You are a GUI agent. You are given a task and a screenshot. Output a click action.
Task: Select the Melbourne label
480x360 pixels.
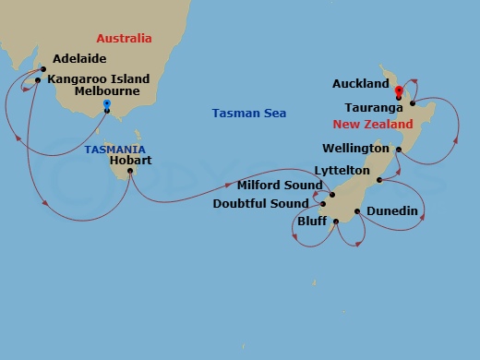[109, 91]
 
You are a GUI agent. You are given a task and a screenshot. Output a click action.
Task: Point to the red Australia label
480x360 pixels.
[125, 38]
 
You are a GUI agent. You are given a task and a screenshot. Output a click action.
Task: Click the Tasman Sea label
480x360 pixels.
[249, 114]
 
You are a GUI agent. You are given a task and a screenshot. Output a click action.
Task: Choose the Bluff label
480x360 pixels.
[312, 222]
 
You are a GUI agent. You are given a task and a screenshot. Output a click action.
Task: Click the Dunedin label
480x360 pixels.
[392, 212]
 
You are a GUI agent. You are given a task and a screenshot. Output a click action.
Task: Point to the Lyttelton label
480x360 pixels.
[342, 171]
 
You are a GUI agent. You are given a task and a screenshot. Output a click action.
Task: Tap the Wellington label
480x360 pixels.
[354, 149]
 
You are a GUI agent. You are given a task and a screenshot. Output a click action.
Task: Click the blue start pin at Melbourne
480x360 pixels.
[107, 105]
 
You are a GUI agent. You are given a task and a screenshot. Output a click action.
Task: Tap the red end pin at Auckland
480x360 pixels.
[398, 90]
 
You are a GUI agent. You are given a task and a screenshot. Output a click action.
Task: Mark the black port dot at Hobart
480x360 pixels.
[130, 171]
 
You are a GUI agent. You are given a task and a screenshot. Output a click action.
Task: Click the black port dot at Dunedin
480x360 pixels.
[356, 211]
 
